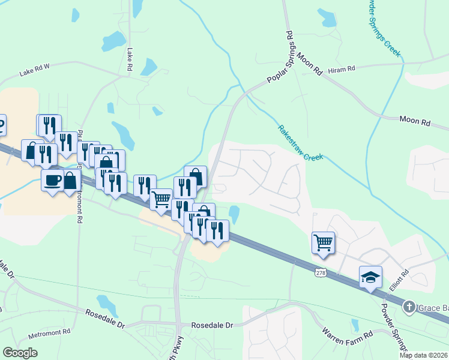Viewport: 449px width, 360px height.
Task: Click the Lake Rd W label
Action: (34, 72)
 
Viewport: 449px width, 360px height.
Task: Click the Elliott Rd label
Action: (399, 280)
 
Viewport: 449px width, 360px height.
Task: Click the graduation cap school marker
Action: (370, 277)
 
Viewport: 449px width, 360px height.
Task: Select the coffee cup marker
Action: (52, 179)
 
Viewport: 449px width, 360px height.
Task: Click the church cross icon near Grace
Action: (409, 307)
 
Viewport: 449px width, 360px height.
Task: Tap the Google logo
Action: (20, 353)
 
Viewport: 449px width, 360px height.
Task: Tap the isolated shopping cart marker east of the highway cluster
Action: (323, 242)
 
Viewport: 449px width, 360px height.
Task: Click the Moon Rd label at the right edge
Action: (415, 121)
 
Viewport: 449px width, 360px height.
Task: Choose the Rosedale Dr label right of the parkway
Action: (211, 325)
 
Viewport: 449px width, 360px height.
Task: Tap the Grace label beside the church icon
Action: (433, 308)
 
